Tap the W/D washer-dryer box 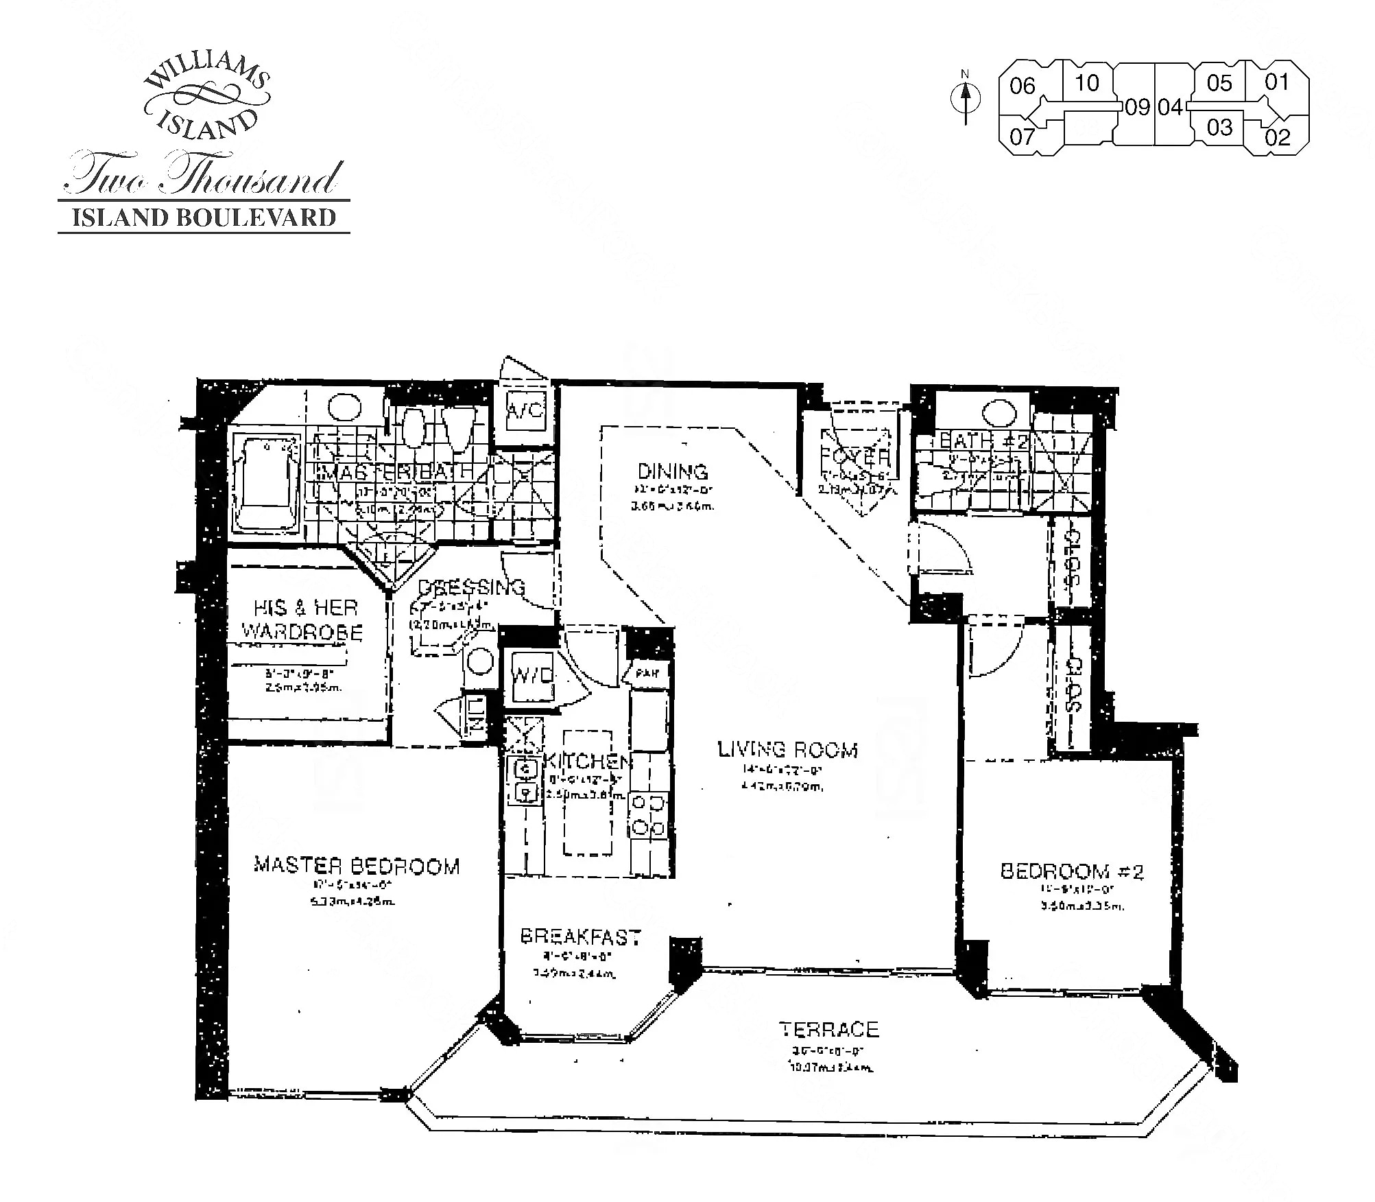click(x=533, y=675)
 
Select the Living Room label click(x=787, y=749)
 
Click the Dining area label click(x=672, y=471)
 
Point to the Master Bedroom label click(x=357, y=865)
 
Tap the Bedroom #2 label click(x=1071, y=871)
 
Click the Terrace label click(x=828, y=1029)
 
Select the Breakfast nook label click(x=580, y=936)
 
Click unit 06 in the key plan click(x=1022, y=86)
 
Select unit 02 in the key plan click(x=1277, y=137)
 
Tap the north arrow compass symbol click(x=966, y=99)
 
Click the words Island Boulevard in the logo click(x=204, y=217)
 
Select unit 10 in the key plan click(x=1086, y=83)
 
